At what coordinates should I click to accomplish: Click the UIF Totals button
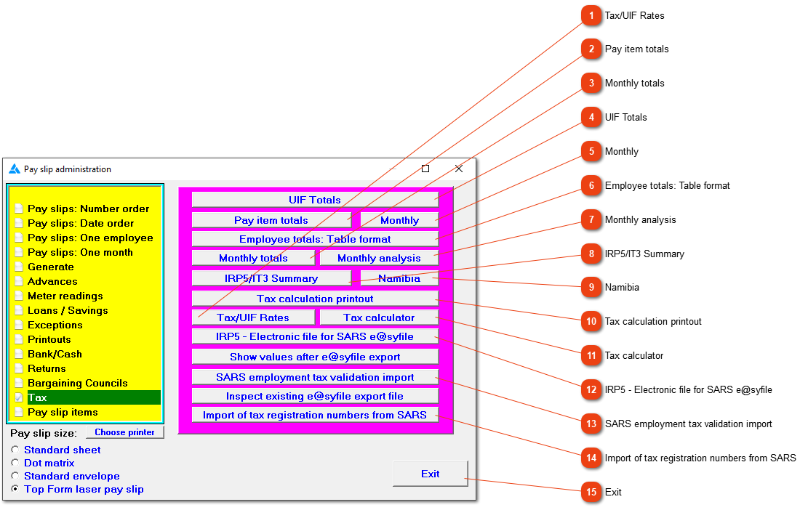pos(315,200)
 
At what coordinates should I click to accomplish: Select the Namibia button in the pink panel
pos(399,278)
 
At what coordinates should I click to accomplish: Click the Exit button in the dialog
pos(431,474)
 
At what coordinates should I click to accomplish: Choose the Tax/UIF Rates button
pos(253,317)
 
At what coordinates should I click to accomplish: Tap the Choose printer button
pos(124,432)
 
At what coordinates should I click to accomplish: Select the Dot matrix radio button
pos(15,463)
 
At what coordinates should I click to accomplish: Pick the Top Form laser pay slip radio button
pos(15,489)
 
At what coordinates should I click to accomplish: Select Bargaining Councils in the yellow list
pos(77,383)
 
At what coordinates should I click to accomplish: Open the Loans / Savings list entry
pos(68,310)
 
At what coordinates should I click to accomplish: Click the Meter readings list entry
pos(65,296)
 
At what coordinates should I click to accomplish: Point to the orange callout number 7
pos(591,219)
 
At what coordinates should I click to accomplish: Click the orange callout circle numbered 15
pos(591,492)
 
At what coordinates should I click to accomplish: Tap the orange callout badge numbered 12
pos(591,389)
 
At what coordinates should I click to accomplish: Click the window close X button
pos(459,169)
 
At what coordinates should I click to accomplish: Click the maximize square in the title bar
pos(425,169)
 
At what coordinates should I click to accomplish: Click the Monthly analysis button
pos(379,258)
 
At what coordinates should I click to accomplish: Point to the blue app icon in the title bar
pos(15,169)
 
